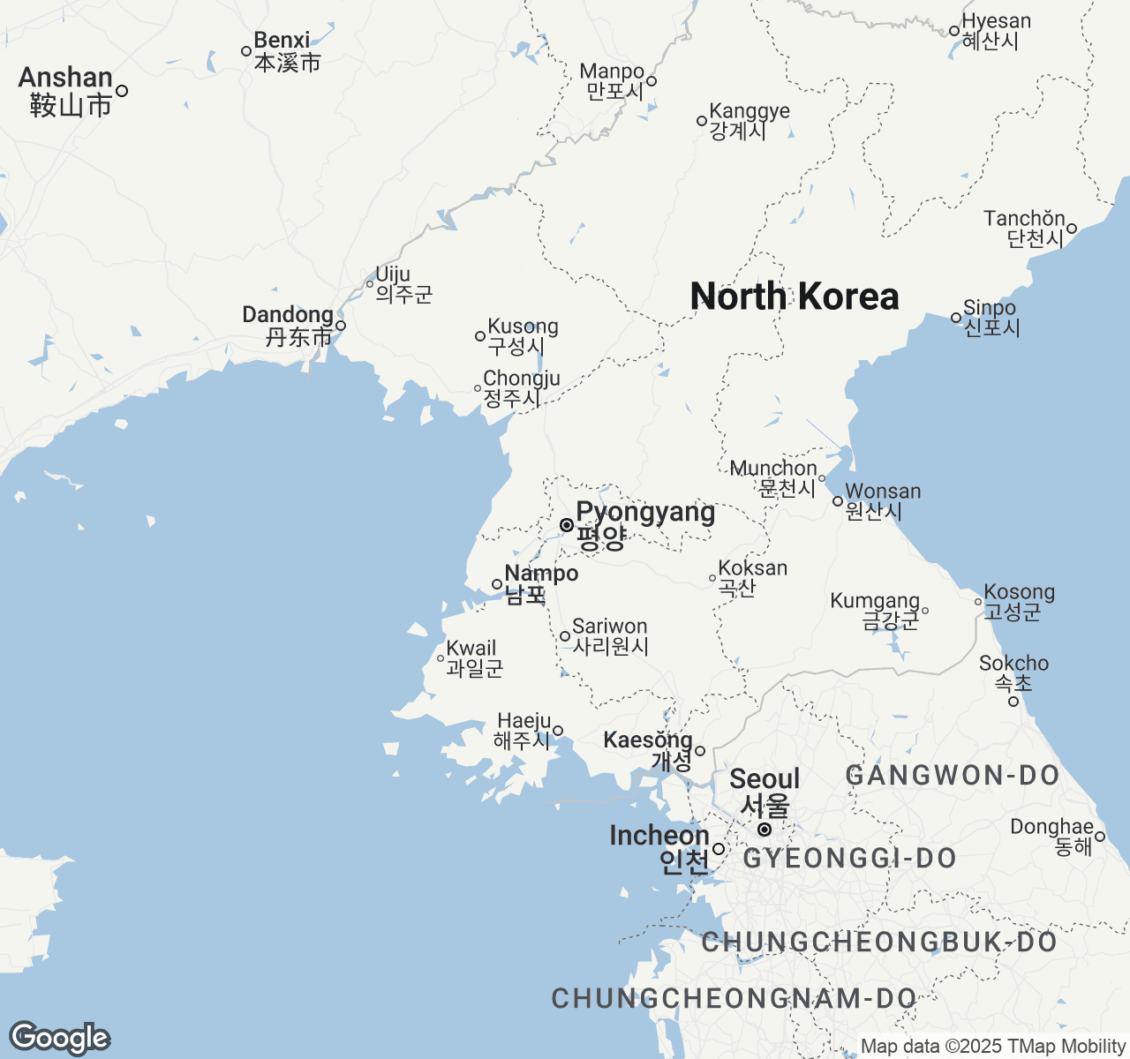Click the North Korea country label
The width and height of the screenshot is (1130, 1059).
click(x=794, y=297)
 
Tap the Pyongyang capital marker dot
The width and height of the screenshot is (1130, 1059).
click(x=567, y=525)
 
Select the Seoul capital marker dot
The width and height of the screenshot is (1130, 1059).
click(x=765, y=830)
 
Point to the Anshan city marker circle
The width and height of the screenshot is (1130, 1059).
click(x=122, y=91)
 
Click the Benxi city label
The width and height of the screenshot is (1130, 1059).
click(x=285, y=51)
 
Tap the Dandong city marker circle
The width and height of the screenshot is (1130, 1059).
click(x=341, y=326)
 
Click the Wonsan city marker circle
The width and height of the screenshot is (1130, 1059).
click(x=838, y=501)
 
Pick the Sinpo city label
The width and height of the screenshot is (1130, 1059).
click(x=991, y=318)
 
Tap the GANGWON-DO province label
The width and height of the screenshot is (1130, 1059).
click(x=953, y=776)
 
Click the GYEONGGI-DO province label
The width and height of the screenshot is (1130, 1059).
click(x=850, y=858)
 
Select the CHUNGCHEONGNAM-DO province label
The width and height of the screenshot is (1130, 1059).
click(x=734, y=998)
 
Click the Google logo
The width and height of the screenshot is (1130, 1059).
click(x=59, y=1038)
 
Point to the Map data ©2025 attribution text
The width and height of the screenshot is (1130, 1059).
click(x=992, y=1047)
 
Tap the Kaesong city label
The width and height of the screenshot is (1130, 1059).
click(x=649, y=750)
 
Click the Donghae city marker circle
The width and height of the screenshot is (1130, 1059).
click(x=1100, y=837)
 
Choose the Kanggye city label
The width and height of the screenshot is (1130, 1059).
click(x=749, y=121)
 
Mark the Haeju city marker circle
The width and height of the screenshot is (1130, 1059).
click(x=558, y=731)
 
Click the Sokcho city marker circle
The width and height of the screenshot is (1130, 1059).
click(x=1013, y=702)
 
